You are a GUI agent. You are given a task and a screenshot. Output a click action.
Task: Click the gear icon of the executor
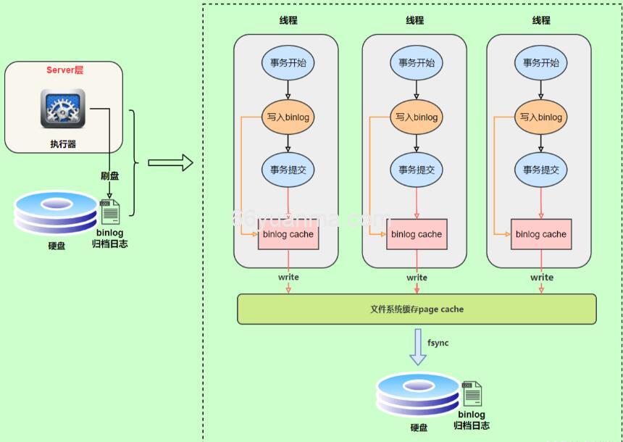pyautogui.click(x=63, y=108)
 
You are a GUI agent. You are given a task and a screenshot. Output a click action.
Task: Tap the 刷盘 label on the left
pyautogui.click(x=109, y=176)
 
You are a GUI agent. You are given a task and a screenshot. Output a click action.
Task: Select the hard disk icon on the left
pyautogui.click(x=55, y=213)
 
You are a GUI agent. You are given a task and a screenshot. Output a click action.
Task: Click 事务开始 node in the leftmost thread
pyautogui.click(x=288, y=63)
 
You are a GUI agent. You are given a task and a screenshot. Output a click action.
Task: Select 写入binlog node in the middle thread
pyautogui.click(x=417, y=117)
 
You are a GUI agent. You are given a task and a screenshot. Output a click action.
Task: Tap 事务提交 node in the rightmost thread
pyautogui.click(x=541, y=170)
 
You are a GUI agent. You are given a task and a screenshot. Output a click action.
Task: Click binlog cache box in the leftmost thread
pyautogui.click(x=288, y=234)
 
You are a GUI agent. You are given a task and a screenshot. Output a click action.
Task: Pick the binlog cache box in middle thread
pyautogui.click(x=417, y=234)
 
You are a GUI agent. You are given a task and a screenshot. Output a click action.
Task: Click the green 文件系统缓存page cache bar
pyautogui.click(x=417, y=309)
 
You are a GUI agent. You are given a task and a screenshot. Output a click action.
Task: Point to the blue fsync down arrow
pyautogui.click(x=418, y=347)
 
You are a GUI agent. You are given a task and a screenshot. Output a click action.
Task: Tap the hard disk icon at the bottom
pyautogui.click(x=418, y=396)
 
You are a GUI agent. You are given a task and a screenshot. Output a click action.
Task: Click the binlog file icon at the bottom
pyautogui.click(x=472, y=394)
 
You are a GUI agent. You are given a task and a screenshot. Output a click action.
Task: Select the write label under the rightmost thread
pyautogui.click(x=542, y=278)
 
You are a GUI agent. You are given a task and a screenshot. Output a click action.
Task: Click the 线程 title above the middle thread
pyautogui.click(x=415, y=20)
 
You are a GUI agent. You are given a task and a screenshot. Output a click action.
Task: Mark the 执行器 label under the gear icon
pyautogui.click(x=63, y=144)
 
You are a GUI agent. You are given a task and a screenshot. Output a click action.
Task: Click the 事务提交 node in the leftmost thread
pyautogui.click(x=288, y=170)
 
